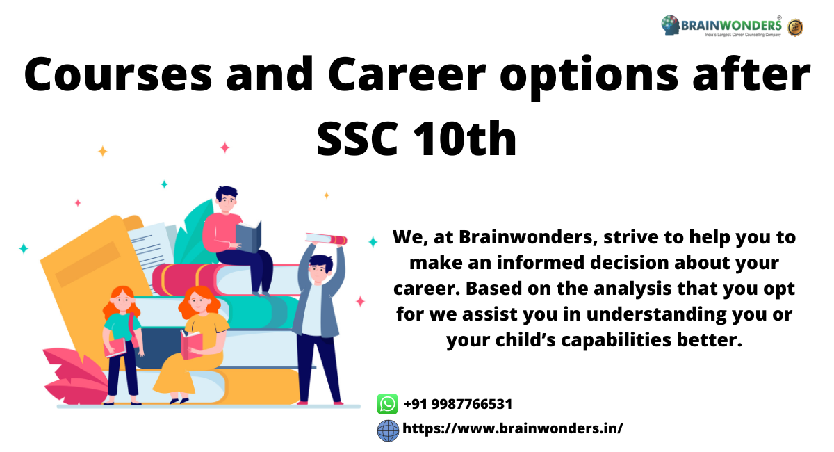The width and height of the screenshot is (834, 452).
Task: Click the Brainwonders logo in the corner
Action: tap(721, 25)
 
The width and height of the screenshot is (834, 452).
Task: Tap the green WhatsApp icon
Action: tap(387, 404)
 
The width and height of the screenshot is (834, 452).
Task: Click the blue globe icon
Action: tap(388, 430)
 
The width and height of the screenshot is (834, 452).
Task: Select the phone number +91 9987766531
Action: tap(457, 404)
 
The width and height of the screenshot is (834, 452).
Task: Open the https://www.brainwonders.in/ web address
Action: tap(512, 428)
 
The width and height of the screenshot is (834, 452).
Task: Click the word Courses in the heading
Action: tap(118, 74)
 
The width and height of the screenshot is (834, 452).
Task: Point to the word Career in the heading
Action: tap(407, 74)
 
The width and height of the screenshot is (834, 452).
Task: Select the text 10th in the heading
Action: tap(465, 138)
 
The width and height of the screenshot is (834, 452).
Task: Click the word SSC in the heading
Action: tap(357, 138)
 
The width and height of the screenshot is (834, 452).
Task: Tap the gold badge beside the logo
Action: tap(795, 28)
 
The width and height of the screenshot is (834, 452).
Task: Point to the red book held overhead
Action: tap(326, 239)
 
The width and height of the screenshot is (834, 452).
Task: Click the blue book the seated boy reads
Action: tap(248, 236)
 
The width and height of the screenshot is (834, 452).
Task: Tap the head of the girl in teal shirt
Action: tap(122, 300)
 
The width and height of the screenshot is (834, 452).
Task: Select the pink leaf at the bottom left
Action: tap(74, 376)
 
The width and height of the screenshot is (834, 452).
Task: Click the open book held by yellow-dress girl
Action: tap(191, 345)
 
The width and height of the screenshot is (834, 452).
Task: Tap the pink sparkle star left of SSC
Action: tap(224, 147)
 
